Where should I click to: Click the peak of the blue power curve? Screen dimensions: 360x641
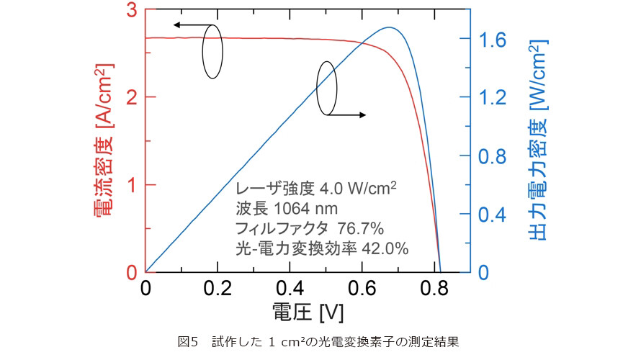pyautogui.click(x=389, y=27)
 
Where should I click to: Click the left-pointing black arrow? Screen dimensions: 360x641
pyautogui.click(x=189, y=25)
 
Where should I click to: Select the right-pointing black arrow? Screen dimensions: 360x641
pyautogui.click(x=349, y=114)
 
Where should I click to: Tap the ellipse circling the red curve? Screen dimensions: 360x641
pyautogui.click(x=212, y=51)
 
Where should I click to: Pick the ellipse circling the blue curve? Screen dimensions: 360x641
pyautogui.click(x=326, y=89)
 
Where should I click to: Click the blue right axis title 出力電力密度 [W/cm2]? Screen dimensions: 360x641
pyautogui.click(x=540, y=140)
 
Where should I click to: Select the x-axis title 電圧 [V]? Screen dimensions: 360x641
pyautogui.click(x=308, y=312)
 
